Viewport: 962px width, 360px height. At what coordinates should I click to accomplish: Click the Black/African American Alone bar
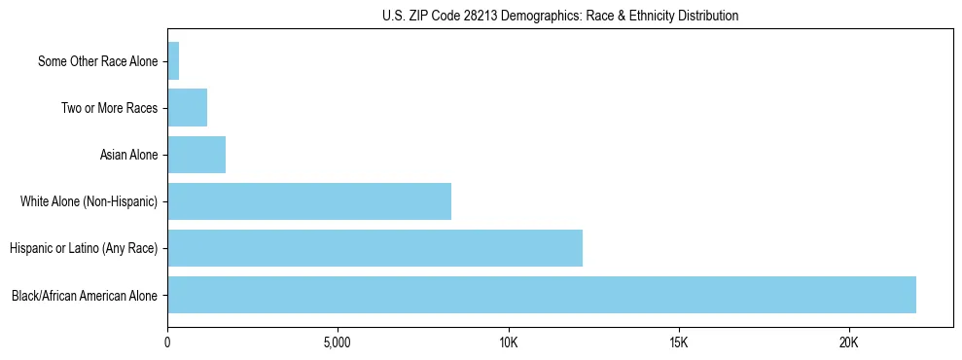(541, 295)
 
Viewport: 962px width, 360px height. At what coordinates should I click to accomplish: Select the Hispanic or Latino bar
(374, 248)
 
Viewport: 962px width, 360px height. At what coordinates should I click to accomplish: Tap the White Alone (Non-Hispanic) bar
(309, 201)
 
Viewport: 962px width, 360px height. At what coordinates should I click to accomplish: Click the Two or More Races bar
(187, 108)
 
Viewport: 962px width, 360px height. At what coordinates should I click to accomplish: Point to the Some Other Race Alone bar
(173, 61)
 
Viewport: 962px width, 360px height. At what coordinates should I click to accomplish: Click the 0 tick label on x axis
(167, 343)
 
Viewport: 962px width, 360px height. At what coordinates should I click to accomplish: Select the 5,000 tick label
(338, 343)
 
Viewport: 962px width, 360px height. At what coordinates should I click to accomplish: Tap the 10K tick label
(508, 343)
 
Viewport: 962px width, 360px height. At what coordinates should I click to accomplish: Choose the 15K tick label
(679, 343)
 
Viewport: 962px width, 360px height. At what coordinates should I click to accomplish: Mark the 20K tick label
(849, 343)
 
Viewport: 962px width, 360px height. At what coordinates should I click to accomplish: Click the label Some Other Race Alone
(97, 61)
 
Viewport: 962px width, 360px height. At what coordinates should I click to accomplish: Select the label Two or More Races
(109, 108)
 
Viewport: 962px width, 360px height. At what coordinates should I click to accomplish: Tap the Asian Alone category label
(128, 155)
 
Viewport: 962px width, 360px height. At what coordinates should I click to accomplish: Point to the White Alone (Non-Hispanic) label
(89, 201)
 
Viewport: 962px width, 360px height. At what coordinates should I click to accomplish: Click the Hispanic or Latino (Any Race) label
(84, 248)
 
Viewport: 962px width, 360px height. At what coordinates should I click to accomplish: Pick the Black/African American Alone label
(85, 295)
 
